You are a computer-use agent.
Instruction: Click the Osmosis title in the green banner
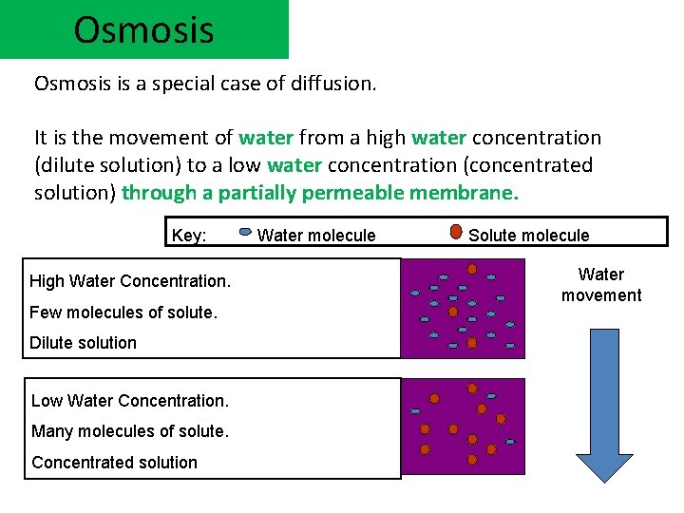143,29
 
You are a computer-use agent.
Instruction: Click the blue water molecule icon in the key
244,232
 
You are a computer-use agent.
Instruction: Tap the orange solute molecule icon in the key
456,232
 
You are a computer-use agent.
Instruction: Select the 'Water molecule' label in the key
316,235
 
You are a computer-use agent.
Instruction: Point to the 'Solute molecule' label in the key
528,235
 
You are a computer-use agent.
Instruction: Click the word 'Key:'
189,235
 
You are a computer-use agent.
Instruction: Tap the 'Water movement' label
601,285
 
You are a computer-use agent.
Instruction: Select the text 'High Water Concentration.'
130,280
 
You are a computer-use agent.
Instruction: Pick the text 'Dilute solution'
83,342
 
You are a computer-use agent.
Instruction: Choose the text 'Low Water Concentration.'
130,400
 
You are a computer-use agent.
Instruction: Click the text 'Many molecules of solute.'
130,431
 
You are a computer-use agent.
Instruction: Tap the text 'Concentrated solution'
114,463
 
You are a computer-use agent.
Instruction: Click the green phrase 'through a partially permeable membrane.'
321,193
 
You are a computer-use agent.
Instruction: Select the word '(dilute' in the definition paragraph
66,165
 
